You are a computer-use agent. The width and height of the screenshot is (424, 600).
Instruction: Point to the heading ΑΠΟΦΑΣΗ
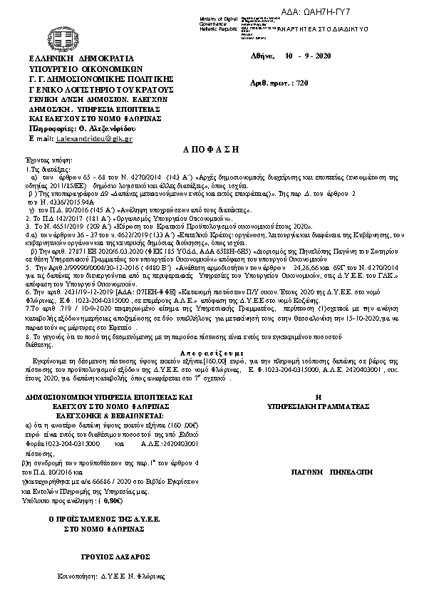(212, 152)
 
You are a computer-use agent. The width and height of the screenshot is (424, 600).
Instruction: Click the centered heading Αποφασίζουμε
(212, 353)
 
